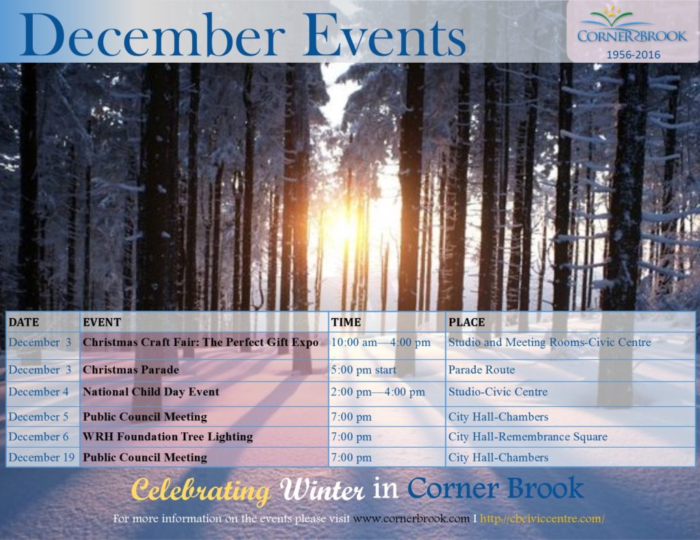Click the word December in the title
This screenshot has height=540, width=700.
point(152,35)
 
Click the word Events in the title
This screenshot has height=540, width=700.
point(384,35)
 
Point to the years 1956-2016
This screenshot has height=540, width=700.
point(633,55)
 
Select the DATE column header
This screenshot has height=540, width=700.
point(24,322)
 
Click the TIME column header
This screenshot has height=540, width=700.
point(346,322)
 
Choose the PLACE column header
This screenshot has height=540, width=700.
point(466,322)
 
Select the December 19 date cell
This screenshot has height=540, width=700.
point(42,457)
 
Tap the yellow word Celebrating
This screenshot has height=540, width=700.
point(201,491)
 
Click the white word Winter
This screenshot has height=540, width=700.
point(323,490)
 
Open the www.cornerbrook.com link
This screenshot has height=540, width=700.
point(411,519)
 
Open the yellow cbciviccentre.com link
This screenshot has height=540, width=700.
point(542,519)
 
